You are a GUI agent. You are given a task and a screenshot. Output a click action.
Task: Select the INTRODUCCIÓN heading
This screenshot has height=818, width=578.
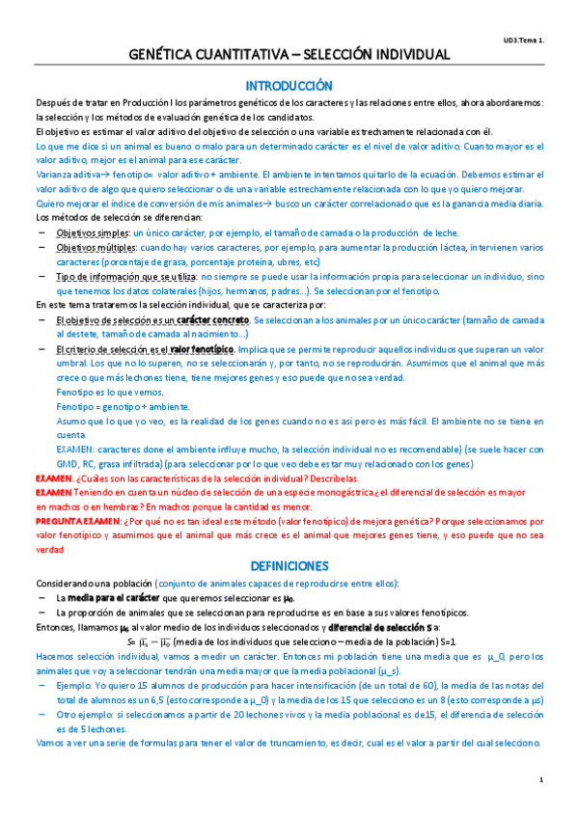pos(289,85)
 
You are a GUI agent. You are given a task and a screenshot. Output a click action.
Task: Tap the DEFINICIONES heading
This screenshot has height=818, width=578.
pos(289,566)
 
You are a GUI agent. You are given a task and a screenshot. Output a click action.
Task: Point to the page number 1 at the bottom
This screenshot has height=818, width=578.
pos(542,779)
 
